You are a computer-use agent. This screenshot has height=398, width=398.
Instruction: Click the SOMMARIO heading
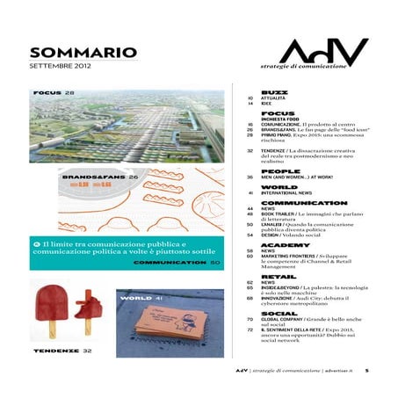[83, 54]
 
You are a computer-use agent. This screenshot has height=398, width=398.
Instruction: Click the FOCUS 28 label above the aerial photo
[54, 92]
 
